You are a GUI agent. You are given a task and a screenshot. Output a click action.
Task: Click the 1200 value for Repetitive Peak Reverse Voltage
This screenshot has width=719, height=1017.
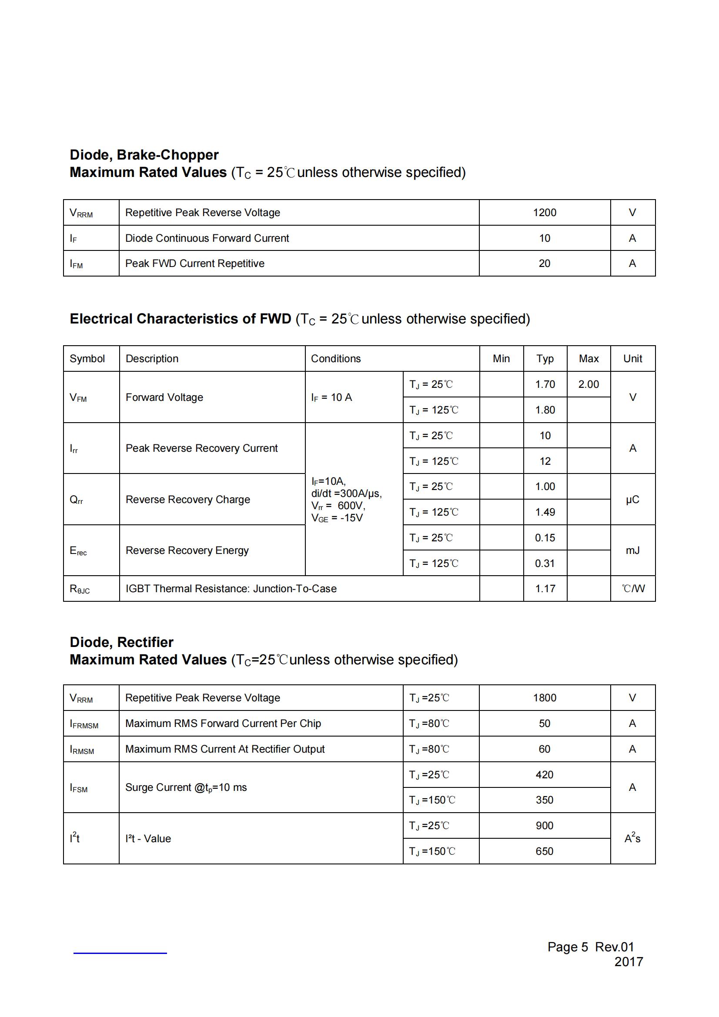[544, 213]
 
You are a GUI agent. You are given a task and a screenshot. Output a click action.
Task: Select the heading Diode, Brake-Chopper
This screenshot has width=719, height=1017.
[144, 155]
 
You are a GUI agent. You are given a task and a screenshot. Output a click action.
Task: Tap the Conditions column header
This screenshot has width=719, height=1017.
[335, 358]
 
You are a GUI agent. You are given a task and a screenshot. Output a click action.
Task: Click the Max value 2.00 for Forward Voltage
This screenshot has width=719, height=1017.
[588, 384]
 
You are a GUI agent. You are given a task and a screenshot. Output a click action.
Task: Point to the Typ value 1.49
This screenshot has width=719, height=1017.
[545, 512]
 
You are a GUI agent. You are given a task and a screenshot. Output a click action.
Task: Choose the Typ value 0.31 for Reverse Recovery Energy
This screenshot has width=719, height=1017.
[545, 563]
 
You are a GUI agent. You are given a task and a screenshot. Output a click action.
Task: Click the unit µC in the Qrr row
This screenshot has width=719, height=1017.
[632, 499]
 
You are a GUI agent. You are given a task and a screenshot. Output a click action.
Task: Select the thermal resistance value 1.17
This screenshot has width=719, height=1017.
[545, 588]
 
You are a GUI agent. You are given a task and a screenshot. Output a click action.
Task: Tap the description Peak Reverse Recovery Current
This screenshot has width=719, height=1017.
[201, 448]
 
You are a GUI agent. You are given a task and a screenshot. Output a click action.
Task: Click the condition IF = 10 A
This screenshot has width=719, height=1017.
[331, 397]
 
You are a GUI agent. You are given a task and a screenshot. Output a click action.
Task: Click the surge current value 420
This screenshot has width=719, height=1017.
[544, 774]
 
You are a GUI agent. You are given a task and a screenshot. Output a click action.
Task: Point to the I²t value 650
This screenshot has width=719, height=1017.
[544, 851]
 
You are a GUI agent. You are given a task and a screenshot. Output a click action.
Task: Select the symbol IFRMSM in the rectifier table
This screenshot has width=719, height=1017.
[84, 724]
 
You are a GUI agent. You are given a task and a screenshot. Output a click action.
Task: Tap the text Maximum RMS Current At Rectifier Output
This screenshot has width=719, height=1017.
[224, 749]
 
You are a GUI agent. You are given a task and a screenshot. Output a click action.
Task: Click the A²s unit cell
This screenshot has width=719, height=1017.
[632, 838]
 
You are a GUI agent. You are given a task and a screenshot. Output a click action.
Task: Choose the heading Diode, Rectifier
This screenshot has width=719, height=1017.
[121, 642]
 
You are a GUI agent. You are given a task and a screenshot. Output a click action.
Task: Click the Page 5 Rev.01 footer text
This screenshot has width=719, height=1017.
[590, 947]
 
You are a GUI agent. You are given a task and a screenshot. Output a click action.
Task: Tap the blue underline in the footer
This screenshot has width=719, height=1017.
[120, 953]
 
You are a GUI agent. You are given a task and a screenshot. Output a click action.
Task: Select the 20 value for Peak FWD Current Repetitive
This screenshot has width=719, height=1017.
[544, 263]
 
